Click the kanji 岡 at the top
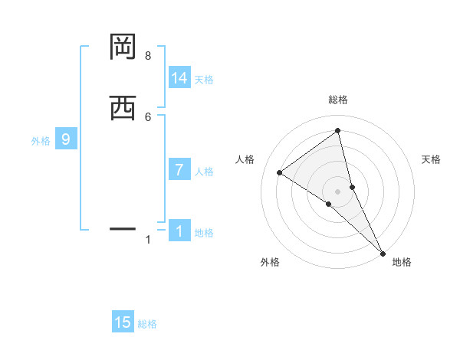pos(123,47)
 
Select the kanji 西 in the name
pos(123,109)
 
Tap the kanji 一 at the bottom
pos(123,228)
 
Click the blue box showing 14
pos(179,78)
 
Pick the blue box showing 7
pos(179,170)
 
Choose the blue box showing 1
pos(179,231)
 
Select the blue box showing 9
pos(66,139)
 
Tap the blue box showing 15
pos(123,322)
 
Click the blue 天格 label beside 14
pos(204,80)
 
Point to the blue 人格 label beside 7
pos(204,172)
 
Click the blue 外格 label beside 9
pos(41,141)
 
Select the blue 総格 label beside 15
pos(147,324)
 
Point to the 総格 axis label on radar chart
pos(338,100)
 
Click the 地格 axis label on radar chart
pos(402,262)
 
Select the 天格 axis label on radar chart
pos(431,159)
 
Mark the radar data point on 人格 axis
pos(279,172)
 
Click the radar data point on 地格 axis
pos(383,252)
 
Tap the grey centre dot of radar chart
pos(338,191)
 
